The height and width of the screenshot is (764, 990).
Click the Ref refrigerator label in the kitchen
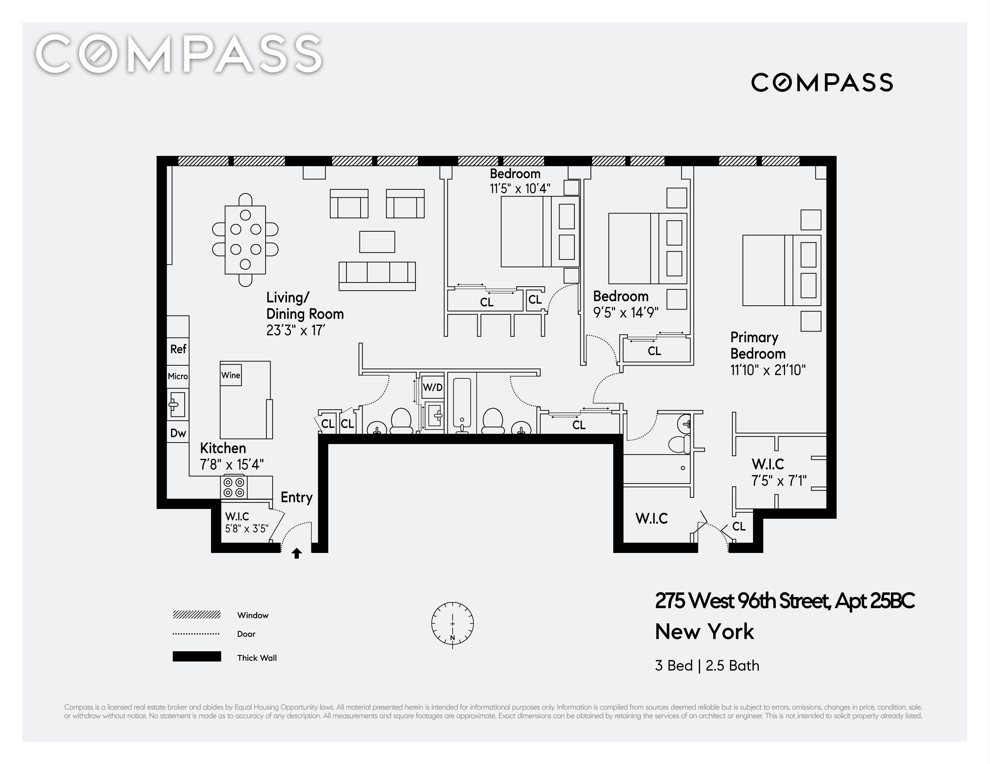(x=178, y=349)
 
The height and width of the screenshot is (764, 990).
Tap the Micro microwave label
(x=178, y=376)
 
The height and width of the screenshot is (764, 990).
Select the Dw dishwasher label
(x=178, y=433)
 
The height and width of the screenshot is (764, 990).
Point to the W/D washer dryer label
(x=432, y=387)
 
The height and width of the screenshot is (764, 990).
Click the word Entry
(x=296, y=497)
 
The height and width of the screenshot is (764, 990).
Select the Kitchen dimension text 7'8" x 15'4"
(x=232, y=465)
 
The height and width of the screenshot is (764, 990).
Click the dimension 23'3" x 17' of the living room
(x=296, y=330)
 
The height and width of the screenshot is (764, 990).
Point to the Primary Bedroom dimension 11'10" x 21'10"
(x=768, y=370)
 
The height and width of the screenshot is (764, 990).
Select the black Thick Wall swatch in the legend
(x=197, y=657)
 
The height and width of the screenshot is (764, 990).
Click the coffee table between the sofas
(x=377, y=242)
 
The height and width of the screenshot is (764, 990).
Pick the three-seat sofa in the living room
(x=377, y=276)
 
